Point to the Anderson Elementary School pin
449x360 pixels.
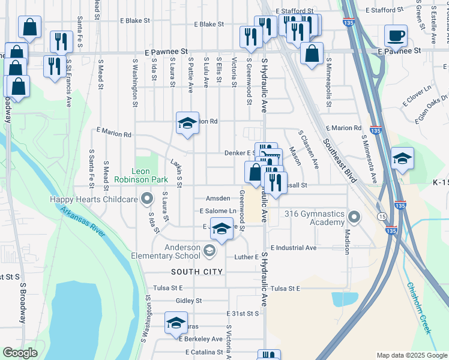pyautogui.click(x=209, y=251)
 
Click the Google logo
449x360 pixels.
pyautogui.click(x=20, y=353)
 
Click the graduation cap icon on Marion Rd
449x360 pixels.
pyautogui.click(x=187, y=123)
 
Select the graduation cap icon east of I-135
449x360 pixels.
pyautogui.click(x=402, y=158)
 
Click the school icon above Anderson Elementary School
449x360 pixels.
pyautogui.click(x=221, y=229)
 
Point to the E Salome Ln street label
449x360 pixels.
pyautogui.click(x=217, y=211)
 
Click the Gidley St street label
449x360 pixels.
pyautogui.click(x=188, y=301)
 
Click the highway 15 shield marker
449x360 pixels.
pyautogui.click(x=381, y=215)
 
